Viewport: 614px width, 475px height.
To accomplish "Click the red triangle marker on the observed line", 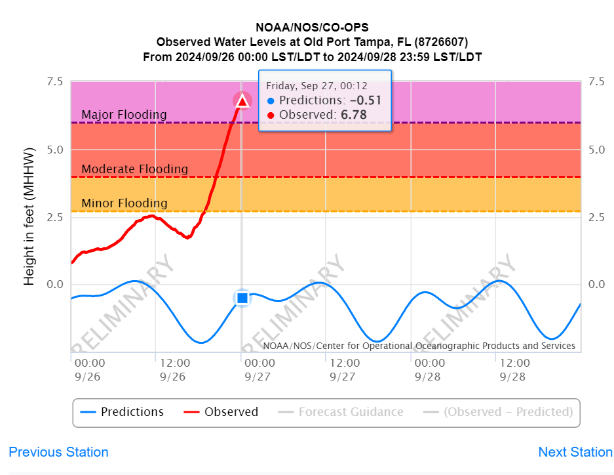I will [242, 101].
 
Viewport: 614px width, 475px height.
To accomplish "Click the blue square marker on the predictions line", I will [242, 298].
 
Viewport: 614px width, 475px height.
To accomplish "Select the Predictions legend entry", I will [122, 412].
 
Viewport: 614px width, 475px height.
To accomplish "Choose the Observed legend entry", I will [221, 412].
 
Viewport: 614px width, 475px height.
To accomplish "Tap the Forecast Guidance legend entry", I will [341, 412].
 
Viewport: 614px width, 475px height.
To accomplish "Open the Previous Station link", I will [58, 452].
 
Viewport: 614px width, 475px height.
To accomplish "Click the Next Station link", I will [575, 452].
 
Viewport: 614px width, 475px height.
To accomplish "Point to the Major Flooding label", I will [124, 115].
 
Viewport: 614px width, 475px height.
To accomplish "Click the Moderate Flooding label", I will [134, 169].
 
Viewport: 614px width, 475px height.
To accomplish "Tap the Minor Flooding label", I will [124, 203].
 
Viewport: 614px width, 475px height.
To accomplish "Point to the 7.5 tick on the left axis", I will [54, 82].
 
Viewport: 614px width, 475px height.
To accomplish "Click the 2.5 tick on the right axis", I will [596, 217].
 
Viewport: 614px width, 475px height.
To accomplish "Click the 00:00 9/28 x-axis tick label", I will [429, 370].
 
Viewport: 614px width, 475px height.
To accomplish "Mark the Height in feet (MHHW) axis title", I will [29, 217].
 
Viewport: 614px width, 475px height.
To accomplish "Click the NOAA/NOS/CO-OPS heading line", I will [312, 28].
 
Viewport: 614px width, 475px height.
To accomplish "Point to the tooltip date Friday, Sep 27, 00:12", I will [317, 86].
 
